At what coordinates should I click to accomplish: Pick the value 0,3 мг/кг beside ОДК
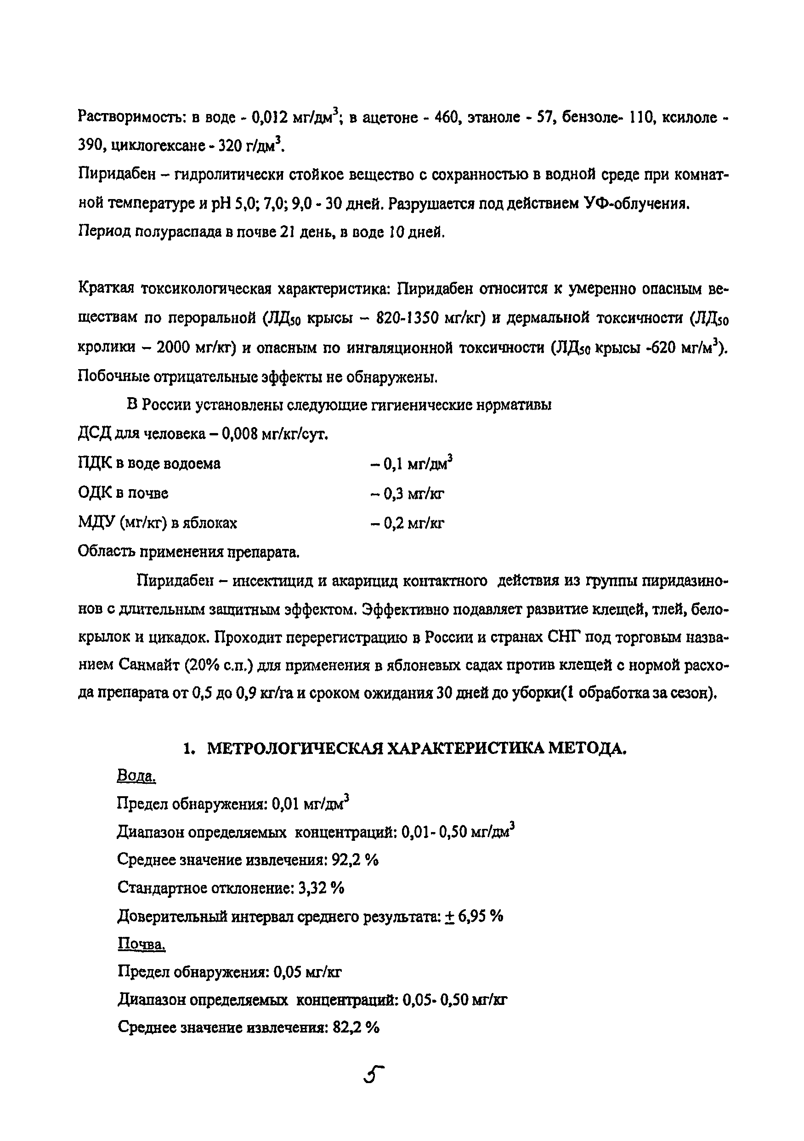(x=407, y=493)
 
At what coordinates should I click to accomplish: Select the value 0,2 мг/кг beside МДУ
(x=407, y=523)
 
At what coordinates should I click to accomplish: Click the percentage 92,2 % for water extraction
(x=355, y=860)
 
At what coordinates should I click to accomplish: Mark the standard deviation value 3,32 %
(x=322, y=888)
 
